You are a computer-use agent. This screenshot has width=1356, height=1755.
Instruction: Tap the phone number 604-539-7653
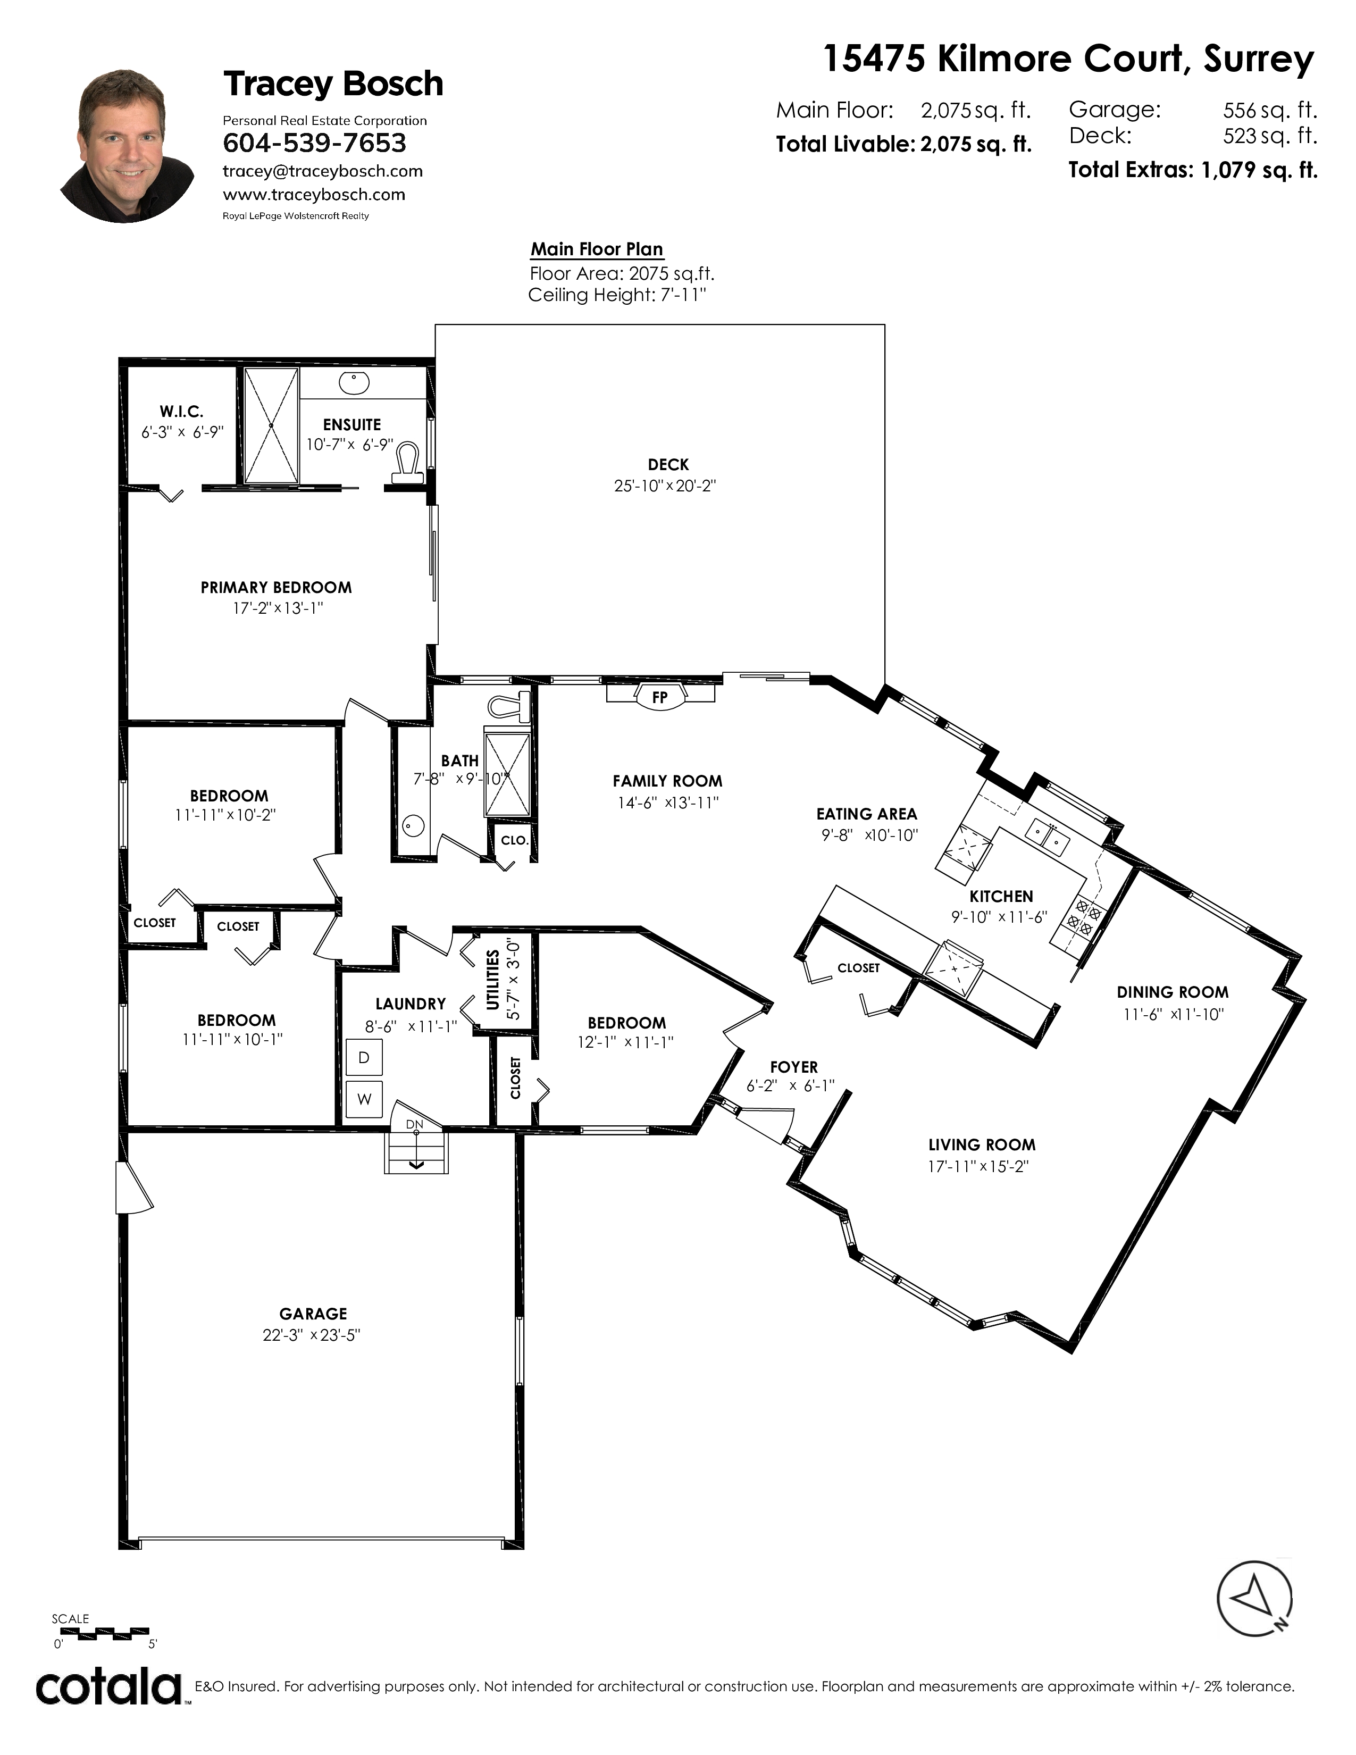[x=314, y=143]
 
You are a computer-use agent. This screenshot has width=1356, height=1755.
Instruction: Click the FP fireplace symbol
[x=659, y=696]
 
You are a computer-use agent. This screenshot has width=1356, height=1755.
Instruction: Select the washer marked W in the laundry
[x=364, y=1099]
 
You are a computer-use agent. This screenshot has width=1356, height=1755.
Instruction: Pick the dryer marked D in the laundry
[x=364, y=1057]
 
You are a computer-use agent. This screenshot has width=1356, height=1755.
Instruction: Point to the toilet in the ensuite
[x=408, y=464]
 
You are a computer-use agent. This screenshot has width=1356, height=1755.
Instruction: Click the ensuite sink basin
[x=354, y=383]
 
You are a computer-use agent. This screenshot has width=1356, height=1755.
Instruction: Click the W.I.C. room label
[x=181, y=412]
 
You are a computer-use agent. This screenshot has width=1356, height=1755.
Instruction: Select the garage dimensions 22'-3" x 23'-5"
[x=312, y=1335]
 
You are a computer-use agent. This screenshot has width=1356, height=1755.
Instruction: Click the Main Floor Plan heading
[x=597, y=249]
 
